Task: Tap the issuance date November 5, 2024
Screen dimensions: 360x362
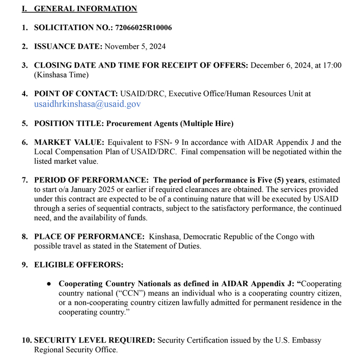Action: pos(135,46)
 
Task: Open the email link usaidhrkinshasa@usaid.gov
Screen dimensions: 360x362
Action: pos(87,104)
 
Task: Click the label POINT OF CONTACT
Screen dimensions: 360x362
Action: pos(75,94)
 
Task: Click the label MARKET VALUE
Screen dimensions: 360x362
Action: pos(69,142)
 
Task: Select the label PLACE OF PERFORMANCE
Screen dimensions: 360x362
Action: pos(89,237)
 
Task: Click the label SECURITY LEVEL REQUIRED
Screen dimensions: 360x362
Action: pos(95,340)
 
